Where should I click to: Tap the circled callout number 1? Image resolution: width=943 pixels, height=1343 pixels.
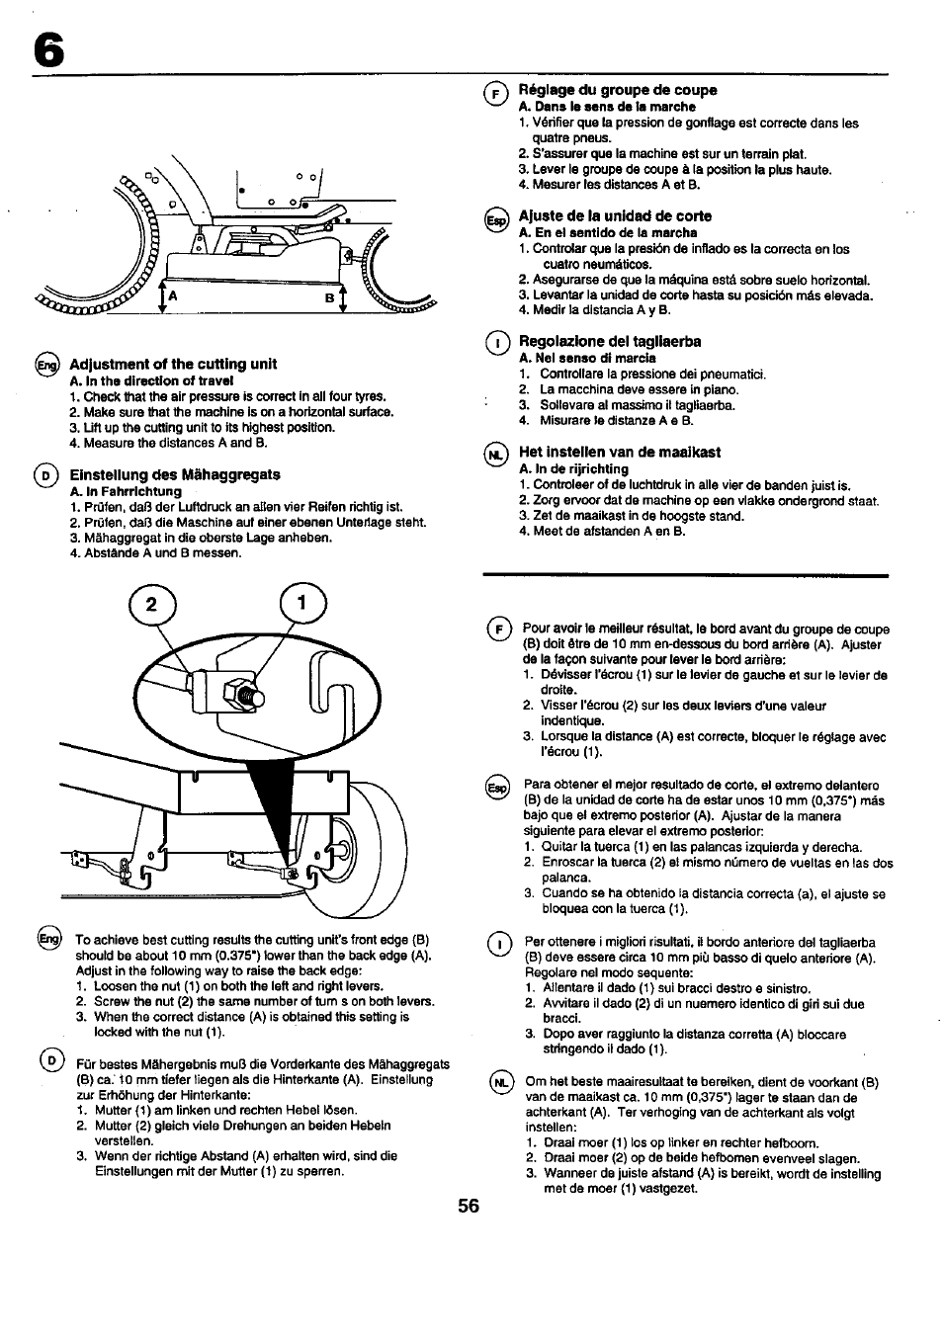pyautogui.click(x=304, y=604)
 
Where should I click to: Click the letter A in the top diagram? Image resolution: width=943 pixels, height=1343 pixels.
pyautogui.click(x=172, y=295)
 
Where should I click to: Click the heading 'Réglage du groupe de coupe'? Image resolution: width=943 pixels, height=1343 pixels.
pyautogui.click(x=618, y=90)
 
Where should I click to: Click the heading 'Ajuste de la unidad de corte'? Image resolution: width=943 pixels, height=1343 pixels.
pyautogui.click(x=615, y=215)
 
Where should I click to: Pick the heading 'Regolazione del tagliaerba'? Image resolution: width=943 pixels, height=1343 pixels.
pyautogui.click(x=610, y=341)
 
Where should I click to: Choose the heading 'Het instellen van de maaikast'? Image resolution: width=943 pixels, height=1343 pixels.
pyautogui.click(x=620, y=452)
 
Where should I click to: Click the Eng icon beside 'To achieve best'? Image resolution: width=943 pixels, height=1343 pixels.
pyautogui.click(x=48, y=940)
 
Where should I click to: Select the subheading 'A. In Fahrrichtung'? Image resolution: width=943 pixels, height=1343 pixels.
pyautogui.click(x=126, y=491)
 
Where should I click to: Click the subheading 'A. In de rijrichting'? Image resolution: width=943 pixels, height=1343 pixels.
pyautogui.click(x=573, y=468)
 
